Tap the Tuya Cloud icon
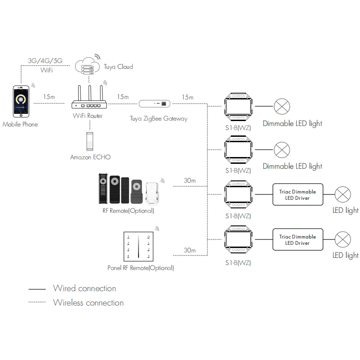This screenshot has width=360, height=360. [88, 65]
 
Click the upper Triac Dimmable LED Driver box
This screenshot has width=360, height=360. [297, 195]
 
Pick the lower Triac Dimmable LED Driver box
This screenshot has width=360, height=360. [297, 240]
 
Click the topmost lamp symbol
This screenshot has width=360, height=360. [283, 107]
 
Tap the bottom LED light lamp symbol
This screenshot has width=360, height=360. [343, 239]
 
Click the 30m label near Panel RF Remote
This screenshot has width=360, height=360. [189, 250]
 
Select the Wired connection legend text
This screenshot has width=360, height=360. [85, 288]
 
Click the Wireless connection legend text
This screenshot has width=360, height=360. [88, 302]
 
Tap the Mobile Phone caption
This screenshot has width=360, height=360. [20, 124]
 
